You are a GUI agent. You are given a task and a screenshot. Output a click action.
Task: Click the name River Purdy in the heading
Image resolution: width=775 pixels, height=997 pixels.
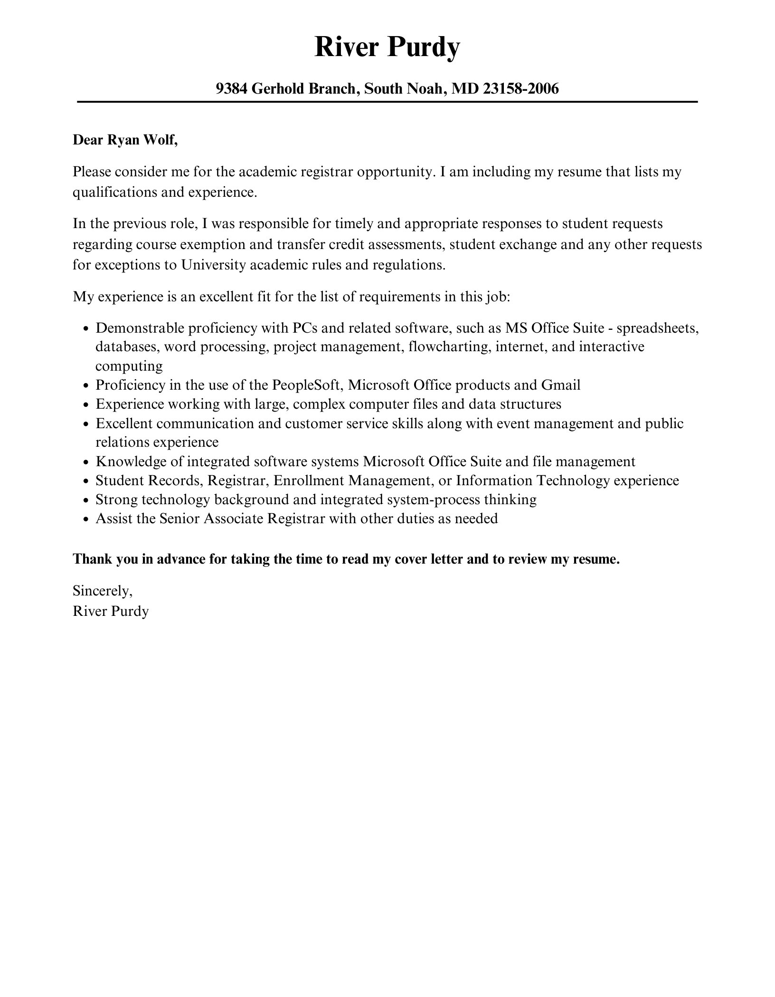tap(387, 47)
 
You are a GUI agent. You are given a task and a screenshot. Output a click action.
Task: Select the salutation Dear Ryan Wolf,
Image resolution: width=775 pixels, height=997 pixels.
tap(125, 140)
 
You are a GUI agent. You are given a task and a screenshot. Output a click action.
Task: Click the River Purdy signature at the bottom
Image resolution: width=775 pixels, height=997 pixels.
tap(111, 611)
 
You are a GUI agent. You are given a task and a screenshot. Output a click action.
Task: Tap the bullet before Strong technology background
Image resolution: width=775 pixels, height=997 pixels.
tap(85, 501)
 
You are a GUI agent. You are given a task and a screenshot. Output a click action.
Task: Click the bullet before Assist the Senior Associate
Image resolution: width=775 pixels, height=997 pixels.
tap(85, 520)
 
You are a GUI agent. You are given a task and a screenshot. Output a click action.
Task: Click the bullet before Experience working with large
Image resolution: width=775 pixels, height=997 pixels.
tap(85, 405)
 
